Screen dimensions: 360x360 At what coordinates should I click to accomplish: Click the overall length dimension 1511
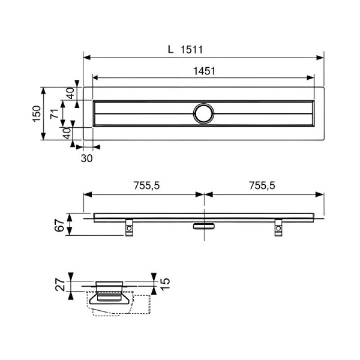pos(191,50)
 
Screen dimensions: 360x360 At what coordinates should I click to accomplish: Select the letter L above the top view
pos(170,49)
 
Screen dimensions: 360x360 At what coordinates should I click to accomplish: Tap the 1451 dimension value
pos(204,71)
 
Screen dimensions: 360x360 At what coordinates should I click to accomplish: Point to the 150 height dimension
pos(37,113)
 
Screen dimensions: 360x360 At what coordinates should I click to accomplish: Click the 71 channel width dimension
pos(55,114)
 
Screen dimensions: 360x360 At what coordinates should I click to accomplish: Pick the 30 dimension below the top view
pos(87,158)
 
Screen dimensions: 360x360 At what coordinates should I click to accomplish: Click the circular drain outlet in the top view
pos(203,113)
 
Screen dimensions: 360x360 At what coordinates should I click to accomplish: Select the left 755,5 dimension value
pos(147,185)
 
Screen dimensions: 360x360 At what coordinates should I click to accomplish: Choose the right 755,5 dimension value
pos(262,185)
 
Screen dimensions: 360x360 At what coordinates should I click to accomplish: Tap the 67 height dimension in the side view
pos(59,225)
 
